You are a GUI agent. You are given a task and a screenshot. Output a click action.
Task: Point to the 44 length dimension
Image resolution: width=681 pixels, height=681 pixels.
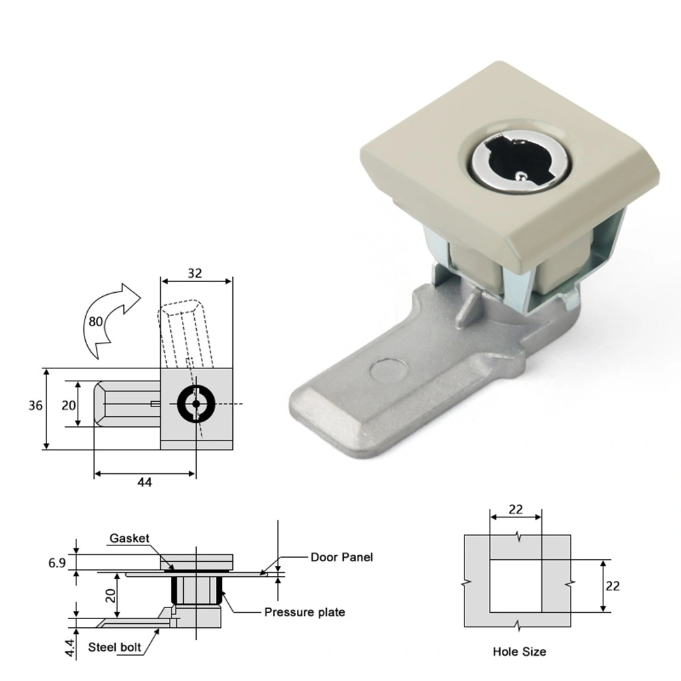pyautogui.click(x=144, y=482)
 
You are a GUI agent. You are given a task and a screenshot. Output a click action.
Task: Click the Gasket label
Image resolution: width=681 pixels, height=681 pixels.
pyautogui.click(x=129, y=539)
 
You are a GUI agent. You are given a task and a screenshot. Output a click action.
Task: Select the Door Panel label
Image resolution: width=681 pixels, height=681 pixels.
pyautogui.click(x=342, y=557)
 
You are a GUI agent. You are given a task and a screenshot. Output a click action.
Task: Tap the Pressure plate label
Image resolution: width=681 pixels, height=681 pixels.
pyautogui.click(x=304, y=612)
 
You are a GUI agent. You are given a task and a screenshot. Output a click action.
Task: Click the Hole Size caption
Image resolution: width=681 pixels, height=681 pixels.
pyautogui.click(x=519, y=652)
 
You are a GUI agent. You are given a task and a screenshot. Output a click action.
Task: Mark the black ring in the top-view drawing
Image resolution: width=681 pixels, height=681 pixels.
pyautogui.click(x=196, y=404)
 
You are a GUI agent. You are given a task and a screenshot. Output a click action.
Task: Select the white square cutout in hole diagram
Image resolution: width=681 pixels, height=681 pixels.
pyautogui.click(x=516, y=585)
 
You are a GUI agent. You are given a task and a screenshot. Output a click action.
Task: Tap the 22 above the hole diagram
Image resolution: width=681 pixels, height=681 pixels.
pyautogui.click(x=516, y=509)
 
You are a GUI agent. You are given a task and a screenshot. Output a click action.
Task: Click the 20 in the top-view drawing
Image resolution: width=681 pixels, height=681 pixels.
pyautogui.click(x=68, y=405)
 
